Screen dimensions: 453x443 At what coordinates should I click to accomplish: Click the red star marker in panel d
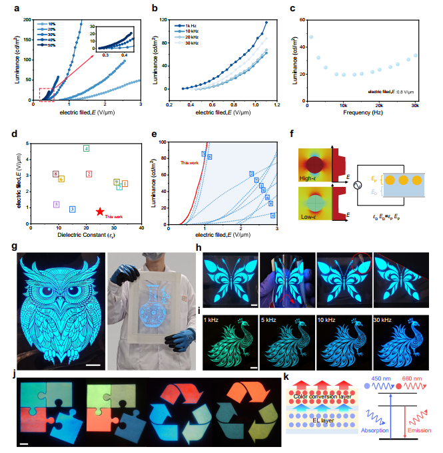[x=100, y=211]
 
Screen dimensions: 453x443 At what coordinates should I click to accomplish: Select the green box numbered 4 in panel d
[x=87, y=148]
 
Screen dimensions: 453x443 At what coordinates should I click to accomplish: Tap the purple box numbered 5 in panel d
[x=57, y=204]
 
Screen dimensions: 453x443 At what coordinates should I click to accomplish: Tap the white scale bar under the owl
[x=92, y=365]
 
